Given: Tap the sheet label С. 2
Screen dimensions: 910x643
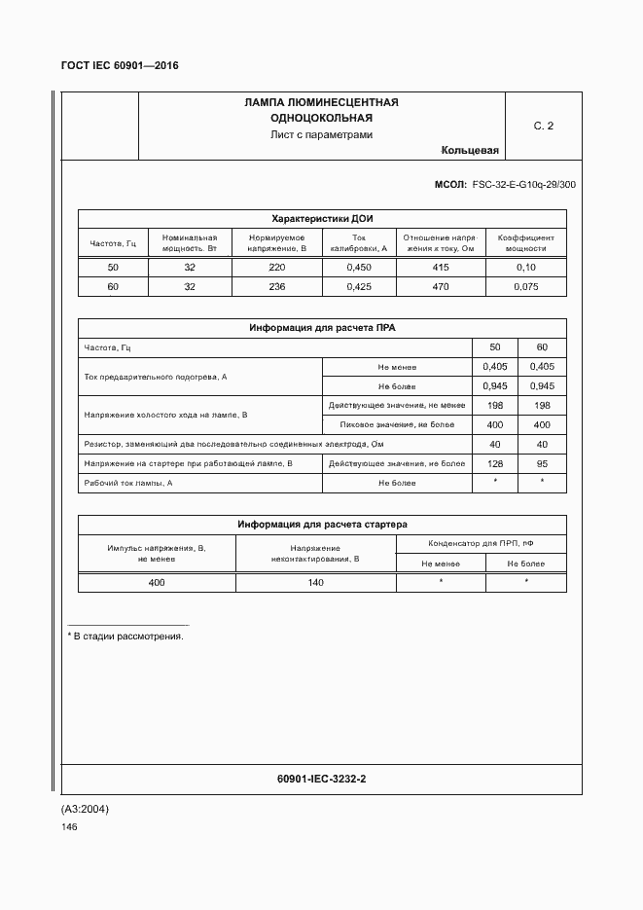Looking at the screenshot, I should [543, 126].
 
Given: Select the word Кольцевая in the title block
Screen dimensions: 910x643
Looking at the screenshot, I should [469, 150].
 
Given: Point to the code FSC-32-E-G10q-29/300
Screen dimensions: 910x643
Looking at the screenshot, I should [523, 183].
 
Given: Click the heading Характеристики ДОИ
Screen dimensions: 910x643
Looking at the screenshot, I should [321, 219].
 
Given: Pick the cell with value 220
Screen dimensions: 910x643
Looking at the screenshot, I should [277, 267].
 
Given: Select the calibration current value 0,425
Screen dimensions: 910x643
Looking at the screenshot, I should [359, 286].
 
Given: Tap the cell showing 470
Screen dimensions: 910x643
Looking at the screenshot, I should [441, 286].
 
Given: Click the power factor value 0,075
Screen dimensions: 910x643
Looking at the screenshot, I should [525, 286].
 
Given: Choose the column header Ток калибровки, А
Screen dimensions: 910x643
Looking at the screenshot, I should [359, 242].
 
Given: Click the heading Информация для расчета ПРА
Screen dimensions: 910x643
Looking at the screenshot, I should [321, 328].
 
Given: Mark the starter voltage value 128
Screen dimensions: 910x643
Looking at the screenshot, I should [495, 463].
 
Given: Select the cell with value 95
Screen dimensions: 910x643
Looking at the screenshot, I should [542, 463].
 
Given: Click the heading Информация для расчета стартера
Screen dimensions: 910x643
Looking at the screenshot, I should [321, 525].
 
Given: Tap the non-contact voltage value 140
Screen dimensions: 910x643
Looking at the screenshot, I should [315, 582].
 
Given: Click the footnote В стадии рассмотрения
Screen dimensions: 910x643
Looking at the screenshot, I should [127, 636].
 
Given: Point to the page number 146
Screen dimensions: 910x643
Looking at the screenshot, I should [69, 826].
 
